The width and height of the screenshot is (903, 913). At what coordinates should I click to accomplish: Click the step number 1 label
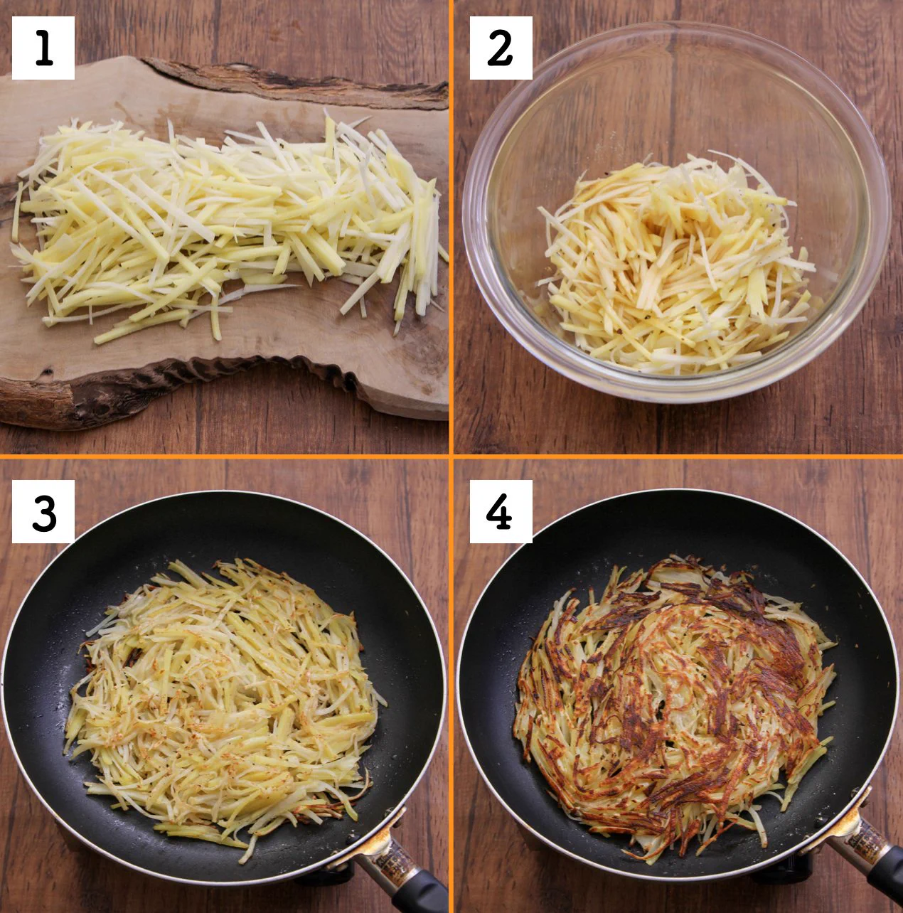pyautogui.click(x=43, y=48)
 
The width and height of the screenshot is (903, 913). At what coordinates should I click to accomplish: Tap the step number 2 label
pyautogui.click(x=501, y=48)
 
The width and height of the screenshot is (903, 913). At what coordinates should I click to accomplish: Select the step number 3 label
pyautogui.click(x=43, y=511)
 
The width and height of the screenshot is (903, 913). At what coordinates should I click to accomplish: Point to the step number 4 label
pyautogui.click(x=501, y=511)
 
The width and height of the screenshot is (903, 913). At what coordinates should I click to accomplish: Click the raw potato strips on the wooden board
pyautogui.click(x=228, y=223)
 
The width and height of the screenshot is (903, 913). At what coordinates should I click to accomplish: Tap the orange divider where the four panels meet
pyautogui.click(x=451, y=457)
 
